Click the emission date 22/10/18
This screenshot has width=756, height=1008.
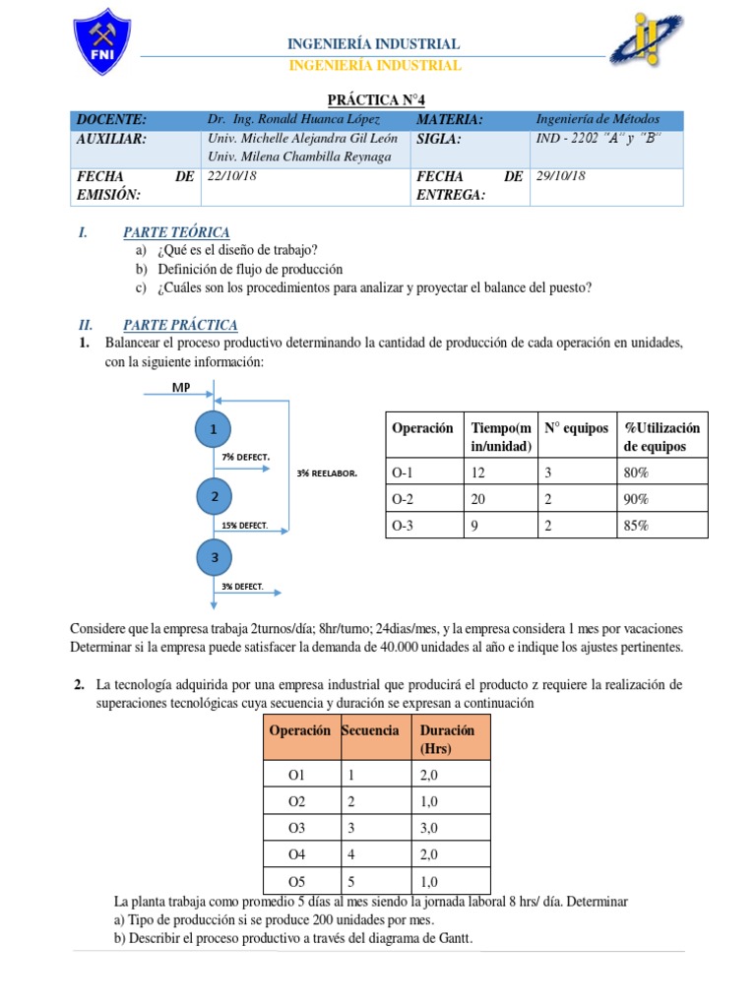231,176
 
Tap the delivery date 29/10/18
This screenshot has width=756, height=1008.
560,176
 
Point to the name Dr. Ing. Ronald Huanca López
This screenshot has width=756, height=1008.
292,120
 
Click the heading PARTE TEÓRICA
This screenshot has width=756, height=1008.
176,232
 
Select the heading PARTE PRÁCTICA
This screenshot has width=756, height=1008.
180,325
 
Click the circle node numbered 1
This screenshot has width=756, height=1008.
214,429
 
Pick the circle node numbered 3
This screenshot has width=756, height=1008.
214,558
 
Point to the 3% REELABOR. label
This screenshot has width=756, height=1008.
326,473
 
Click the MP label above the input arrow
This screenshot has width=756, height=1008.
181,387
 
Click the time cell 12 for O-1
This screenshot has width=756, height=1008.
479,472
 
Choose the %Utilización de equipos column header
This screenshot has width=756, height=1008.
661,437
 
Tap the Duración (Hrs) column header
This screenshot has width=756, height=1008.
447,739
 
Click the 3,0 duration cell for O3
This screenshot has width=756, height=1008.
432,828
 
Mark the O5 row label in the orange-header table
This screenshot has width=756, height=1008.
298,881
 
